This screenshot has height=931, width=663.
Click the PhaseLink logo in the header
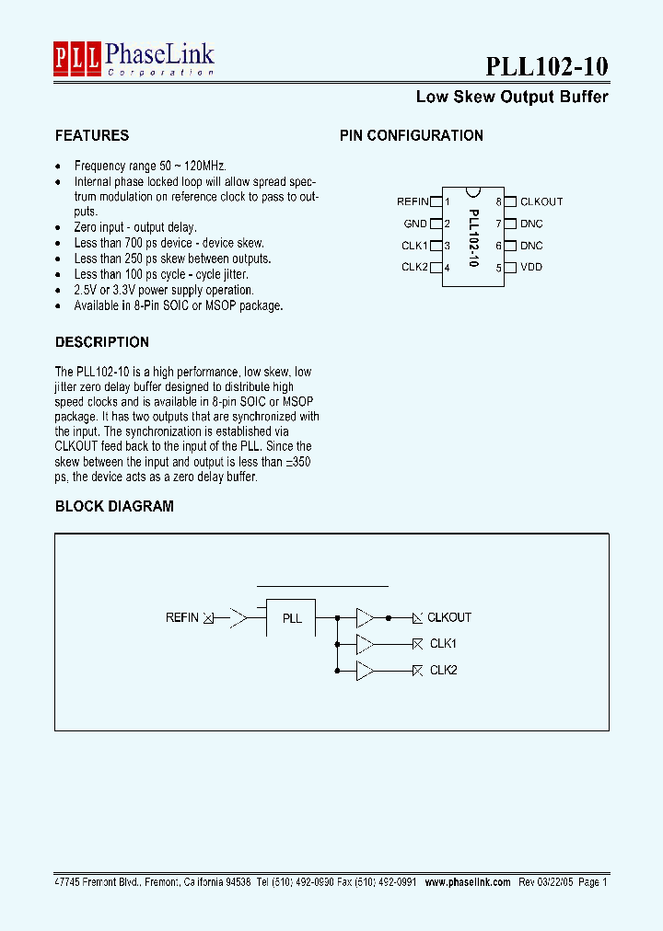coord(134,59)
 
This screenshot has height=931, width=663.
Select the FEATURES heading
coord(92,135)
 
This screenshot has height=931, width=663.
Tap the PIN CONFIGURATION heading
coord(412,135)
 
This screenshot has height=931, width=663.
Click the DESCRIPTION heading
coord(102,342)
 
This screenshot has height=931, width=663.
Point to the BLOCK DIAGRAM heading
coord(114,506)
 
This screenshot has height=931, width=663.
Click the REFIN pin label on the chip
coord(413,201)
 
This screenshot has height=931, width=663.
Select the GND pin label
coord(415,224)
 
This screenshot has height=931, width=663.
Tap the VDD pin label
coord(531,268)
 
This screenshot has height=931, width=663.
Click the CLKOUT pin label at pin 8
coord(541,201)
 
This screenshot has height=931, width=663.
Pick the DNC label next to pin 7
coord(531,224)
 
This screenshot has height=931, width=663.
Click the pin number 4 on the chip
coord(448,269)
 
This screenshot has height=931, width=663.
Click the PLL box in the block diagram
coord(291,618)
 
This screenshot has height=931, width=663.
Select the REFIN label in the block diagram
coord(182,617)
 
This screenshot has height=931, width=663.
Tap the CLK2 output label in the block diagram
coord(443,670)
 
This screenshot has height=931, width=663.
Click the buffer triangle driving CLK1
coord(365,644)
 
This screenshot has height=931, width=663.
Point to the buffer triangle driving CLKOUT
coord(365,617)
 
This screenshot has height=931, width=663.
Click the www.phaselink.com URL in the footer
coord(468,881)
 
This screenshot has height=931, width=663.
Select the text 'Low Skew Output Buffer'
coord(512,97)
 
